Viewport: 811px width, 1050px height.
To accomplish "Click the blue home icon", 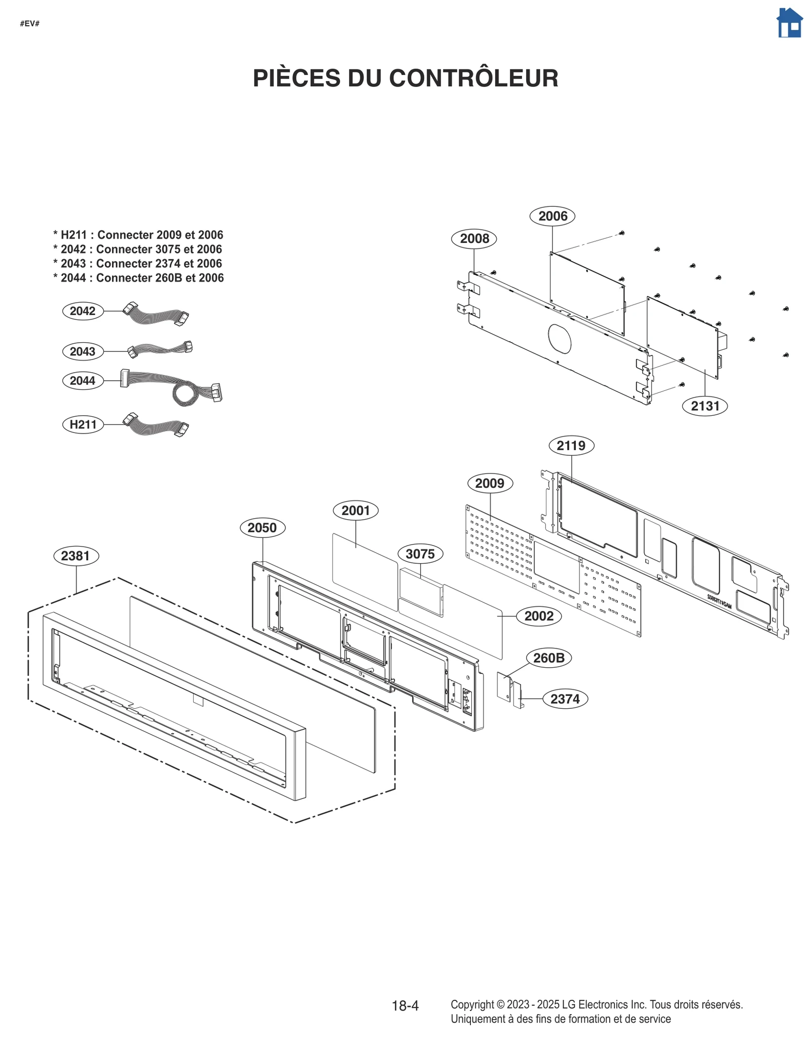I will [x=789, y=23].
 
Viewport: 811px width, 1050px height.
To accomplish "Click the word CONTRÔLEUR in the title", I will [x=473, y=79].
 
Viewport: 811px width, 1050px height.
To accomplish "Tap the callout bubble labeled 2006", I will [x=552, y=216].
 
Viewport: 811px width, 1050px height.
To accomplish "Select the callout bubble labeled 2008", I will [x=473, y=238].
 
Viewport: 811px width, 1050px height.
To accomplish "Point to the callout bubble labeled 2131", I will [x=705, y=406].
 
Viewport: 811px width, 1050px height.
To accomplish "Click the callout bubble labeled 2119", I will [x=571, y=446].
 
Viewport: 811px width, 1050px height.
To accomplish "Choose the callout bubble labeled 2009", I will [x=490, y=483].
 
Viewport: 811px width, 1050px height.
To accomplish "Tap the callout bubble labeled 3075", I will [x=420, y=554].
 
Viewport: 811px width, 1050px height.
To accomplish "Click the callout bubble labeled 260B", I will [x=548, y=658].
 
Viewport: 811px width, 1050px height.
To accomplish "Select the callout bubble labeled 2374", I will [x=565, y=699].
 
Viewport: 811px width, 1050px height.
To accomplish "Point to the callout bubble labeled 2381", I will [x=76, y=556].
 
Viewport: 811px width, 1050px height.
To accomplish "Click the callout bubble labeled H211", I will [x=83, y=424].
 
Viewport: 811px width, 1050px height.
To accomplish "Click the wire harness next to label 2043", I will [x=160, y=349].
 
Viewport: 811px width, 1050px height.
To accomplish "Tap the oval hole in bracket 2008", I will [x=559, y=339].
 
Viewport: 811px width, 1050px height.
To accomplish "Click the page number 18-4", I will [x=405, y=1005].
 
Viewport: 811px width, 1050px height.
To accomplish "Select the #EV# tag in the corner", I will [x=30, y=24].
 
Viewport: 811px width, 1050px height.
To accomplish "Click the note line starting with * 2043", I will [x=138, y=264].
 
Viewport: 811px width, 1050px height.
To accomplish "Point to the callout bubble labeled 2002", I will [x=538, y=616].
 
